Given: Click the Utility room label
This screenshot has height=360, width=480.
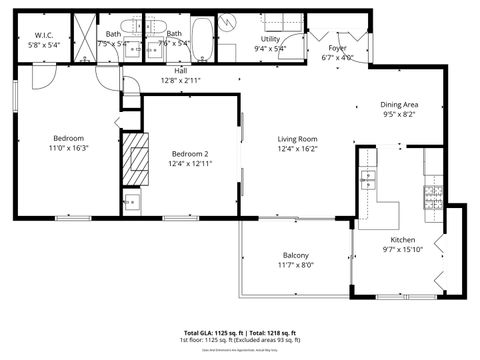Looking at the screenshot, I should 270,39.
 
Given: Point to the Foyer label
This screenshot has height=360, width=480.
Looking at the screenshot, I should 337,47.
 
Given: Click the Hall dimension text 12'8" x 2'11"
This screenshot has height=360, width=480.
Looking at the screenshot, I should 179,81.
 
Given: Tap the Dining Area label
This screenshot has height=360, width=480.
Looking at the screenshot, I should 398,105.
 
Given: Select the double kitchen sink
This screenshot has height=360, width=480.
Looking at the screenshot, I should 369,181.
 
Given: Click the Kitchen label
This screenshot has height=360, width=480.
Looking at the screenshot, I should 402,240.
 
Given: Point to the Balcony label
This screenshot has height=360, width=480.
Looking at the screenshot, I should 295,254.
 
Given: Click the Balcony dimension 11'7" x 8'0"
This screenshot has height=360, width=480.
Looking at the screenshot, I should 295,265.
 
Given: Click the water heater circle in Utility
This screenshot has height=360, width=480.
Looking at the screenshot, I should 228,22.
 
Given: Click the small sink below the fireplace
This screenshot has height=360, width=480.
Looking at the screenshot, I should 131,201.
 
